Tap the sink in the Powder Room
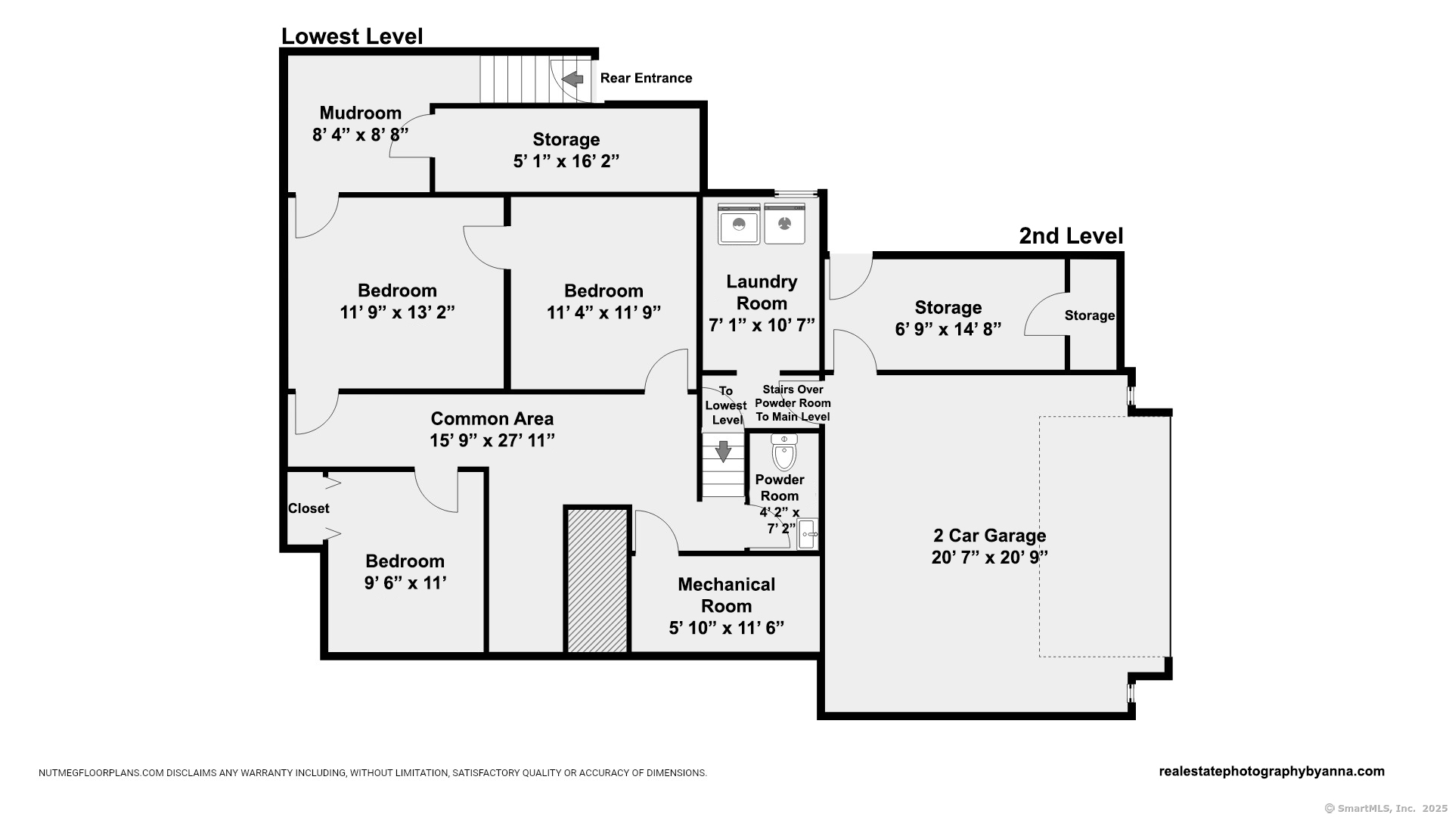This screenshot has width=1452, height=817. click(x=807, y=534)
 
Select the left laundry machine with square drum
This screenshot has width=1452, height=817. click(x=738, y=224)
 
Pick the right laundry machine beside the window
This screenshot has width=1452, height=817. click(x=784, y=224)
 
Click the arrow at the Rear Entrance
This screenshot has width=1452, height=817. click(x=572, y=79)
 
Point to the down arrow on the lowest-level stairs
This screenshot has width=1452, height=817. click(x=723, y=451)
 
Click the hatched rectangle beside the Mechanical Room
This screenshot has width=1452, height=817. click(x=597, y=580)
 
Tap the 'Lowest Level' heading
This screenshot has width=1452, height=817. click(x=352, y=36)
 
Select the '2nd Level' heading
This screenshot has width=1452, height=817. click(x=1071, y=236)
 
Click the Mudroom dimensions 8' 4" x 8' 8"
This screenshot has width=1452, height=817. click(x=360, y=135)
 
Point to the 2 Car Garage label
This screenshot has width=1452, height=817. click(x=990, y=536)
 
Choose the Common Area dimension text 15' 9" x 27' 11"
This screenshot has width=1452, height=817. click(x=492, y=440)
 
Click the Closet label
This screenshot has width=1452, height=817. click(x=309, y=508)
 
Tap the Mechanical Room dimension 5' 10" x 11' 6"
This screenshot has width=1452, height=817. click(x=727, y=628)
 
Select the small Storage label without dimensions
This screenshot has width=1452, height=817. click(x=1090, y=315)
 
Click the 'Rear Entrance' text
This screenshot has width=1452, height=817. click(x=646, y=78)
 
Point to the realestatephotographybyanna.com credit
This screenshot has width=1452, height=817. click(x=1272, y=772)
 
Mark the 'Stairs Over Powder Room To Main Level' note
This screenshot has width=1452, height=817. click(x=793, y=403)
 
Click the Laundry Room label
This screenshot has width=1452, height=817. click(x=762, y=292)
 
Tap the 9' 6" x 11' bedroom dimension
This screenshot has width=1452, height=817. click(x=405, y=583)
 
